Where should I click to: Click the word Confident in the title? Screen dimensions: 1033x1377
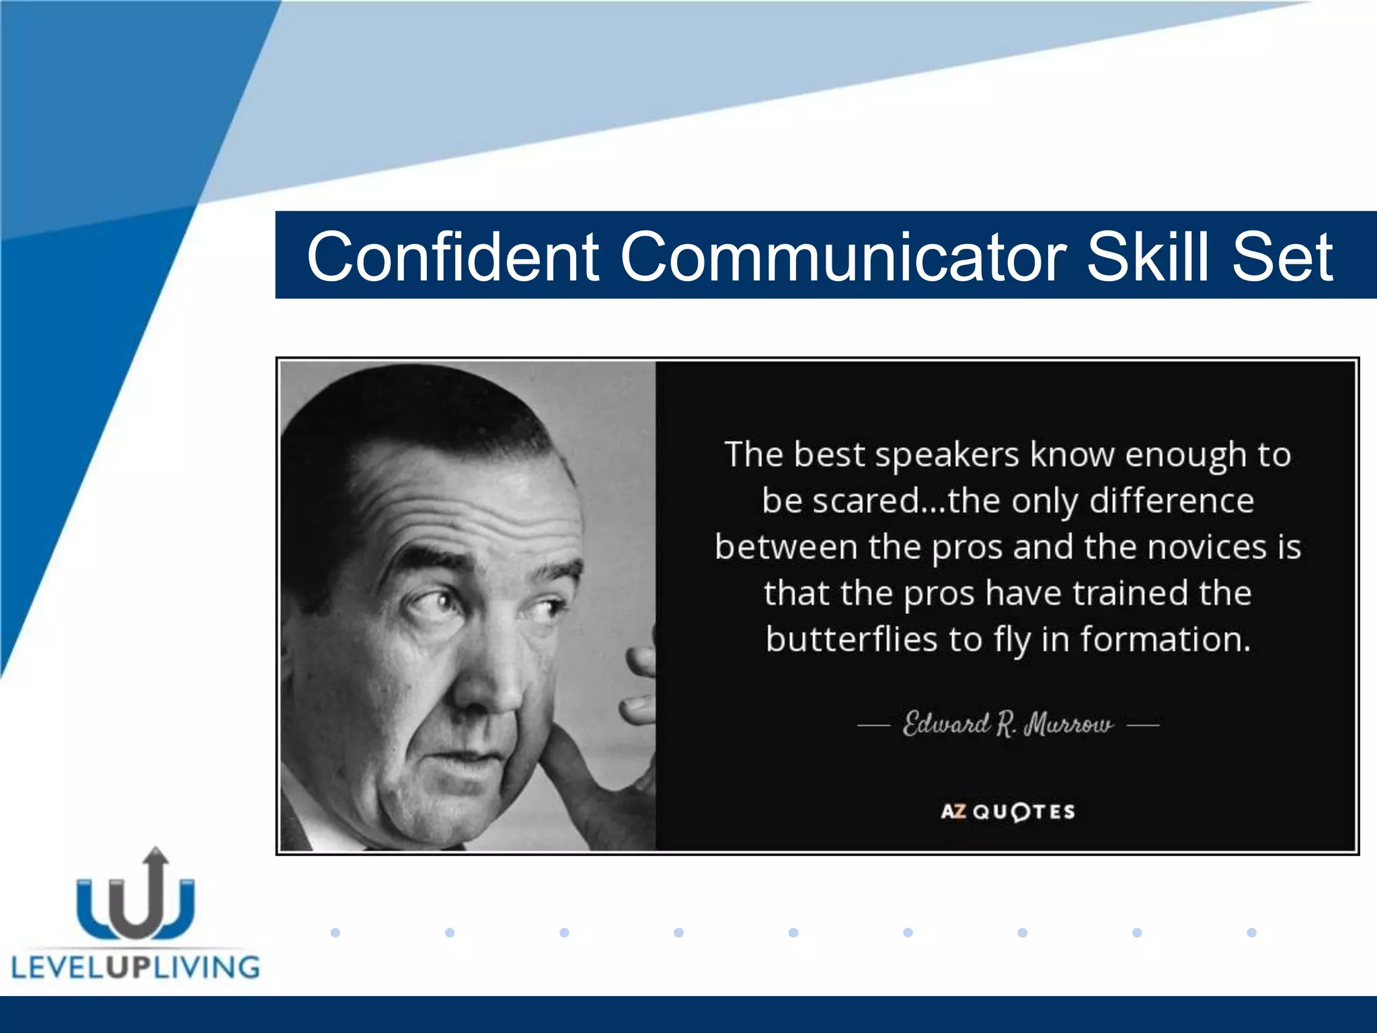point(453,257)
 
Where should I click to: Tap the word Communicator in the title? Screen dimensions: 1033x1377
point(842,257)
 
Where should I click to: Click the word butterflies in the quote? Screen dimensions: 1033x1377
point(851,639)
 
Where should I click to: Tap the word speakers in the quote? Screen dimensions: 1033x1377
point(947,455)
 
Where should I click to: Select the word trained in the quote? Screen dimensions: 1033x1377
point(1130,593)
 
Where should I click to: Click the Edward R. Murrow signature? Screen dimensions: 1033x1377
point(1007,724)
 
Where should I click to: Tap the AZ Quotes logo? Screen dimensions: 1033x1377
point(1007,812)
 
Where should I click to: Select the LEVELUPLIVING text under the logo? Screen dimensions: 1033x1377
point(135,968)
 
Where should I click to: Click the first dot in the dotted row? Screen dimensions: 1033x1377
point(336,932)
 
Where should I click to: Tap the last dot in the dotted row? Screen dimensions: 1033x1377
point(1251,932)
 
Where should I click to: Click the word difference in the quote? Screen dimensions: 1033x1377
point(1171,501)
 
